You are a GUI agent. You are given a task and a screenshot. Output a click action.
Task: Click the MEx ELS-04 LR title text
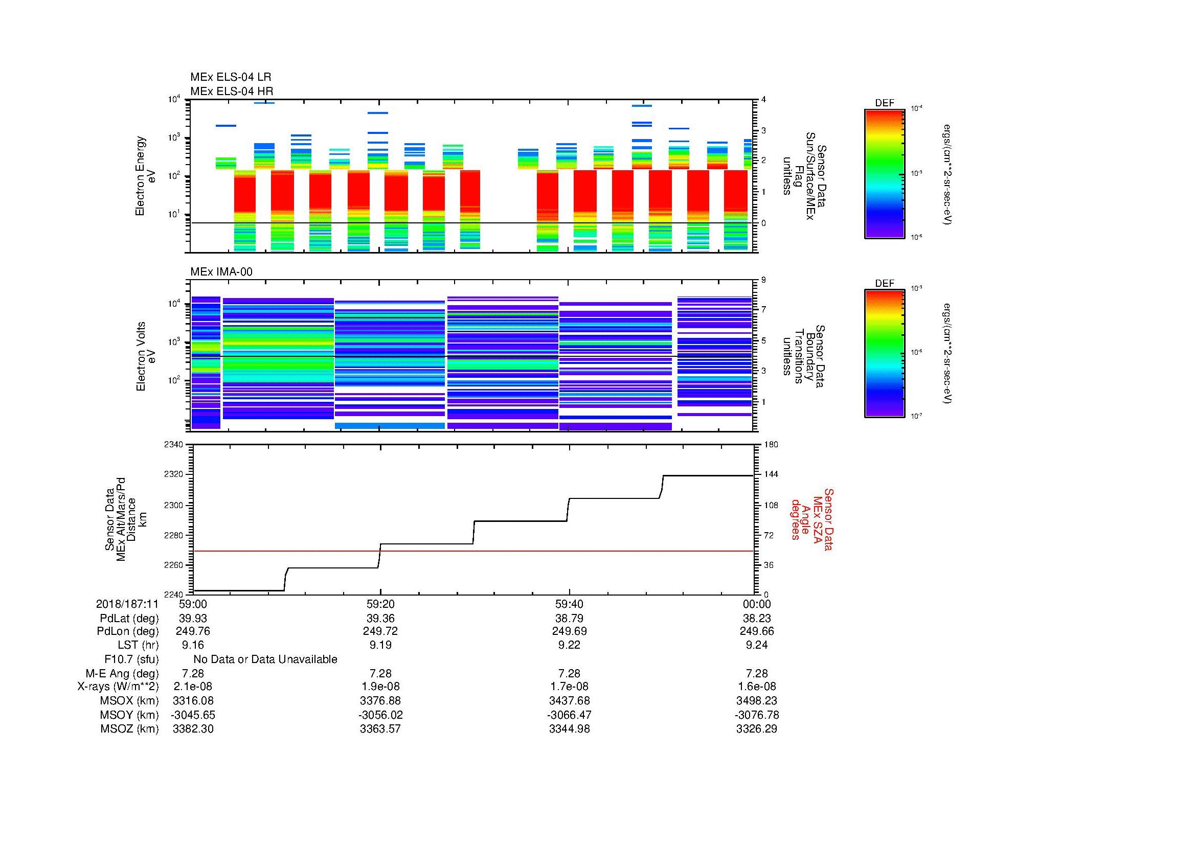[x=230, y=77]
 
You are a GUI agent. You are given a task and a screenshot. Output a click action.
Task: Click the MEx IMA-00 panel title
[x=221, y=272]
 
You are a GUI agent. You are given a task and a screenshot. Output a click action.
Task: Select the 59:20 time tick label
[x=380, y=604]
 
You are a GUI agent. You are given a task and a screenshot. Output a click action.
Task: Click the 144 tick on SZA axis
[x=771, y=474]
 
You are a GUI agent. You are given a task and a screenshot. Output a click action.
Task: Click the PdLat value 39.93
[x=193, y=619]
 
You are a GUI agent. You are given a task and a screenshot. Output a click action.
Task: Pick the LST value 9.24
[x=756, y=645]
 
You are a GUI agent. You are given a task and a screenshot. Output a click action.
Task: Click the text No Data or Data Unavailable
[x=265, y=659]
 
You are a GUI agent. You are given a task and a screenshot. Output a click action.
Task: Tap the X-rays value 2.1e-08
[x=193, y=687]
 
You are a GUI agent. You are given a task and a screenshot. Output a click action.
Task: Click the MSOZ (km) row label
[x=129, y=729]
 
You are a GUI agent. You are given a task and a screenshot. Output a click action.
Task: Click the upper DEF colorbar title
[x=884, y=103]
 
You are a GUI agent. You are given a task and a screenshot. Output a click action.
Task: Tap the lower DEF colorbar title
[x=884, y=283]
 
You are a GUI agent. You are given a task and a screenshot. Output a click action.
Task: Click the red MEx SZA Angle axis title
[x=811, y=519]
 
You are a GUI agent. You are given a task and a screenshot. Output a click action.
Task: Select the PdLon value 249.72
[x=380, y=631]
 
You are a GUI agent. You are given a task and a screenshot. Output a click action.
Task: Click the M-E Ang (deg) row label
[x=122, y=674]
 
